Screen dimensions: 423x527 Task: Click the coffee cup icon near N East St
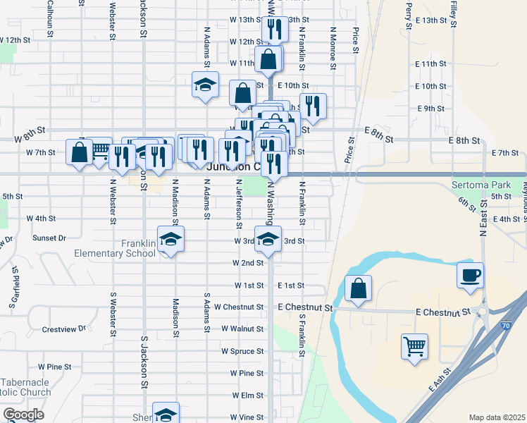pos(471,275)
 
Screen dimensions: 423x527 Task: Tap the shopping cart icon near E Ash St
pos(414,346)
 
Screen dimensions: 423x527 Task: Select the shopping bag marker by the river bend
pos(358,288)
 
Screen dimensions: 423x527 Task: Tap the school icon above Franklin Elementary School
pos(170,239)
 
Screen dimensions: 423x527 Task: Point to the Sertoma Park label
pos(481,185)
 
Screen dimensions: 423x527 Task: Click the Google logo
pos(23,414)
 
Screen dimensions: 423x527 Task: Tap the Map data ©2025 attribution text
pos(497,417)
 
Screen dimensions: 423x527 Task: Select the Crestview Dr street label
pos(63,329)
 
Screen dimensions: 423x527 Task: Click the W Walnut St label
pos(242,329)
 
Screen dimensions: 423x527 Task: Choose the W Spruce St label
pos(242,351)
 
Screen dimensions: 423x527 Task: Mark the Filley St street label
pos(452,16)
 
